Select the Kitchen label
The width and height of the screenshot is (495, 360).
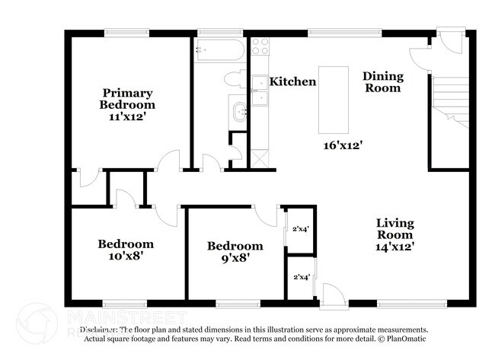pos(293,81)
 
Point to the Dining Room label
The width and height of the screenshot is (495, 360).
pos(382,81)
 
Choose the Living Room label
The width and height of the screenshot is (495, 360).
pos(395,228)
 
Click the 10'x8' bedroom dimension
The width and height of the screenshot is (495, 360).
pos(125,256)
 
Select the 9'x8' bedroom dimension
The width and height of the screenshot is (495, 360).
pos(235,258)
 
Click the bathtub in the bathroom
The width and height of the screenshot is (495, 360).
pos(219,50)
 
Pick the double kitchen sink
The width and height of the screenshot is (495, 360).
pos(260,90)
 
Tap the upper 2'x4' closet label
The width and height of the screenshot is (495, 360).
pos(300,228)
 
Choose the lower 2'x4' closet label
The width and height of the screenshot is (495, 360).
pos(300,277)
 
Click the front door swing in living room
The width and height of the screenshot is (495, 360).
pos(331,293)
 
